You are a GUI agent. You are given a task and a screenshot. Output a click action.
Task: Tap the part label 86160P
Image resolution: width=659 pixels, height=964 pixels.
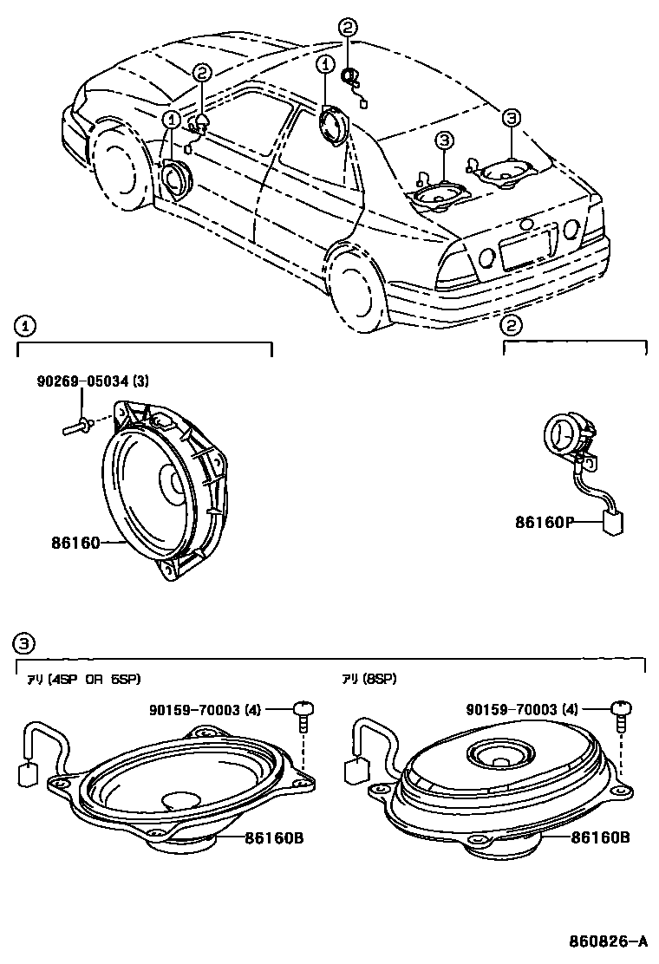click(545, 523)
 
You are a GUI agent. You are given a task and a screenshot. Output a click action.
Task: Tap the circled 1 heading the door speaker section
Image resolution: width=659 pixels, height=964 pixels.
click(25, 326)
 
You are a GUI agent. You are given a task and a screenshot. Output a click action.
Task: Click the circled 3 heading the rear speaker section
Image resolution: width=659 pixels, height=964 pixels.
click(25, 642)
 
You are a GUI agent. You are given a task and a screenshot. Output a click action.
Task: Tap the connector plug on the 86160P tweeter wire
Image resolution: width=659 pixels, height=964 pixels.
click(614, 523)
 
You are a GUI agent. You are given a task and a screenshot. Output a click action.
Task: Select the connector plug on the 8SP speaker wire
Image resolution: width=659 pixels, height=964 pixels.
click(356, 771)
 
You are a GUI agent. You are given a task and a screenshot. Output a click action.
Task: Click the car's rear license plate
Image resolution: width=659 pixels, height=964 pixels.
click(525, 247)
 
